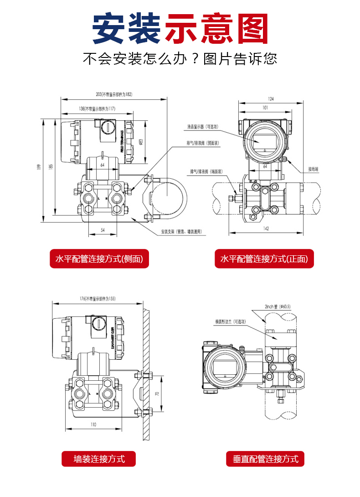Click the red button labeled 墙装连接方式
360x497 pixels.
coord(99,458)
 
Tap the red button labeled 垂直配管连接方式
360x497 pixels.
coord(265,459)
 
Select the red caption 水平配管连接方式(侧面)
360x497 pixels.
coord(99,259)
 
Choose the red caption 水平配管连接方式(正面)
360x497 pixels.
coord(264,259)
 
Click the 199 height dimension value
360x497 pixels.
coord(40,167)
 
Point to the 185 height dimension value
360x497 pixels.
coord(51,167)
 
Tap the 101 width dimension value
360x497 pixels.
coord(265,108)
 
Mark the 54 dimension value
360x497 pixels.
coord(103,230)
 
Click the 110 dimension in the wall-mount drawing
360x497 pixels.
coord(93,425)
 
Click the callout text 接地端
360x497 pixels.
coord(313,169)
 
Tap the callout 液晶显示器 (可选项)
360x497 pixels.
coord(203,126)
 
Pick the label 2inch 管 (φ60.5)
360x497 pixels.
coord(277,307)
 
